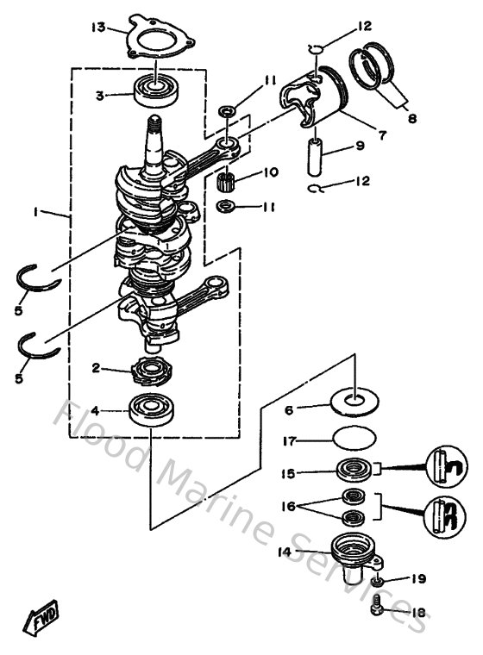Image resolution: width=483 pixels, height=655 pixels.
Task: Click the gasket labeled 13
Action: point(160,39)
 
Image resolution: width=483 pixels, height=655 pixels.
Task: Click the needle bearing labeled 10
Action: point(227,181)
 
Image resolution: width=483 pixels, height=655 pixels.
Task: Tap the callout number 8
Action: point(411,119)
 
